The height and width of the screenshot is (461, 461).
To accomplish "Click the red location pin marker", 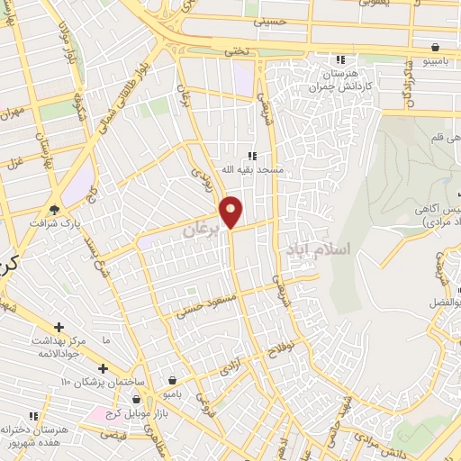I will pyautogui.click(x=232, y=212).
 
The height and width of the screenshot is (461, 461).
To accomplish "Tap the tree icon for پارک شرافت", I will pyautogui.click(x=57, y=209).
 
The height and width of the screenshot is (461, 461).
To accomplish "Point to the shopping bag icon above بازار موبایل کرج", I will pyautogui.click(x=136, y=398).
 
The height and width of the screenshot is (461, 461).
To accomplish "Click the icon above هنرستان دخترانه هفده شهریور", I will pyautogui.click(x=33, y=416).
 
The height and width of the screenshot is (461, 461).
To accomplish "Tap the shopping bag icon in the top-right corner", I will pyautogui.click(x=436, y=47).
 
